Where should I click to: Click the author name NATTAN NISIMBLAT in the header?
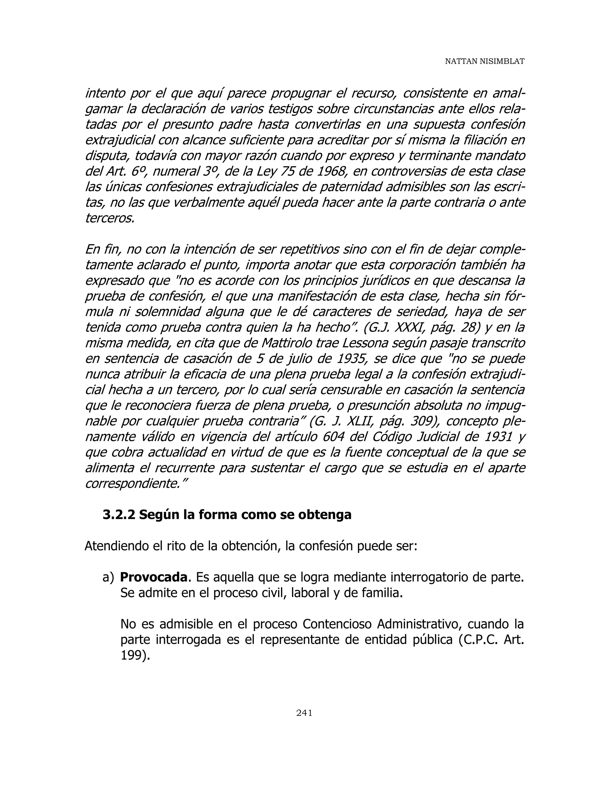pyautogui.click(x=484, y=61)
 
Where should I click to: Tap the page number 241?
pyautogui.click(x=304, y=712)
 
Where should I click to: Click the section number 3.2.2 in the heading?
pyautogui.click(x=119, y=514)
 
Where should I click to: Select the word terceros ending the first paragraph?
pyautogui.click(x=110, y=218)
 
